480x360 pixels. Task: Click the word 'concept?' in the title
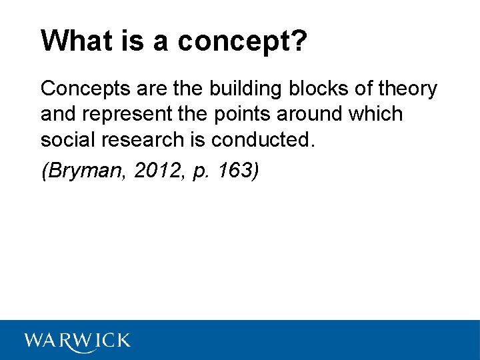(x=243, y=42)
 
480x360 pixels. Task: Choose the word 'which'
(x=375, y=114)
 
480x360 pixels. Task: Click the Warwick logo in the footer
(x=77, y=340)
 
